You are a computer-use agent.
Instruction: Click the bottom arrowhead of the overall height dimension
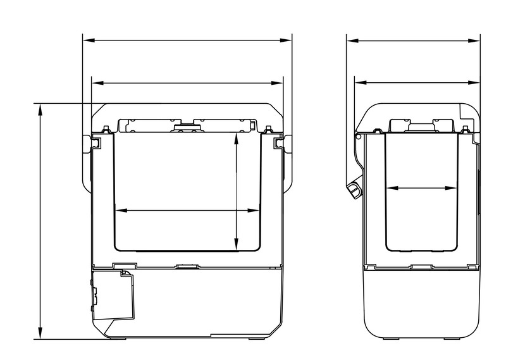pyautogui.click(x=40, y=335)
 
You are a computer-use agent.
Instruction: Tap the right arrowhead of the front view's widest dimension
pyautogui.click(x=287, y=40)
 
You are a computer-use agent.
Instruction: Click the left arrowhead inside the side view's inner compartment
pyautogui.click(x=390, y=188)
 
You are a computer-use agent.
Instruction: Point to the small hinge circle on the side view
pyautogui.click(x=358, y=136)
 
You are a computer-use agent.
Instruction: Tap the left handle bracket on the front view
pyautogui.click(x=94, y=144)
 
